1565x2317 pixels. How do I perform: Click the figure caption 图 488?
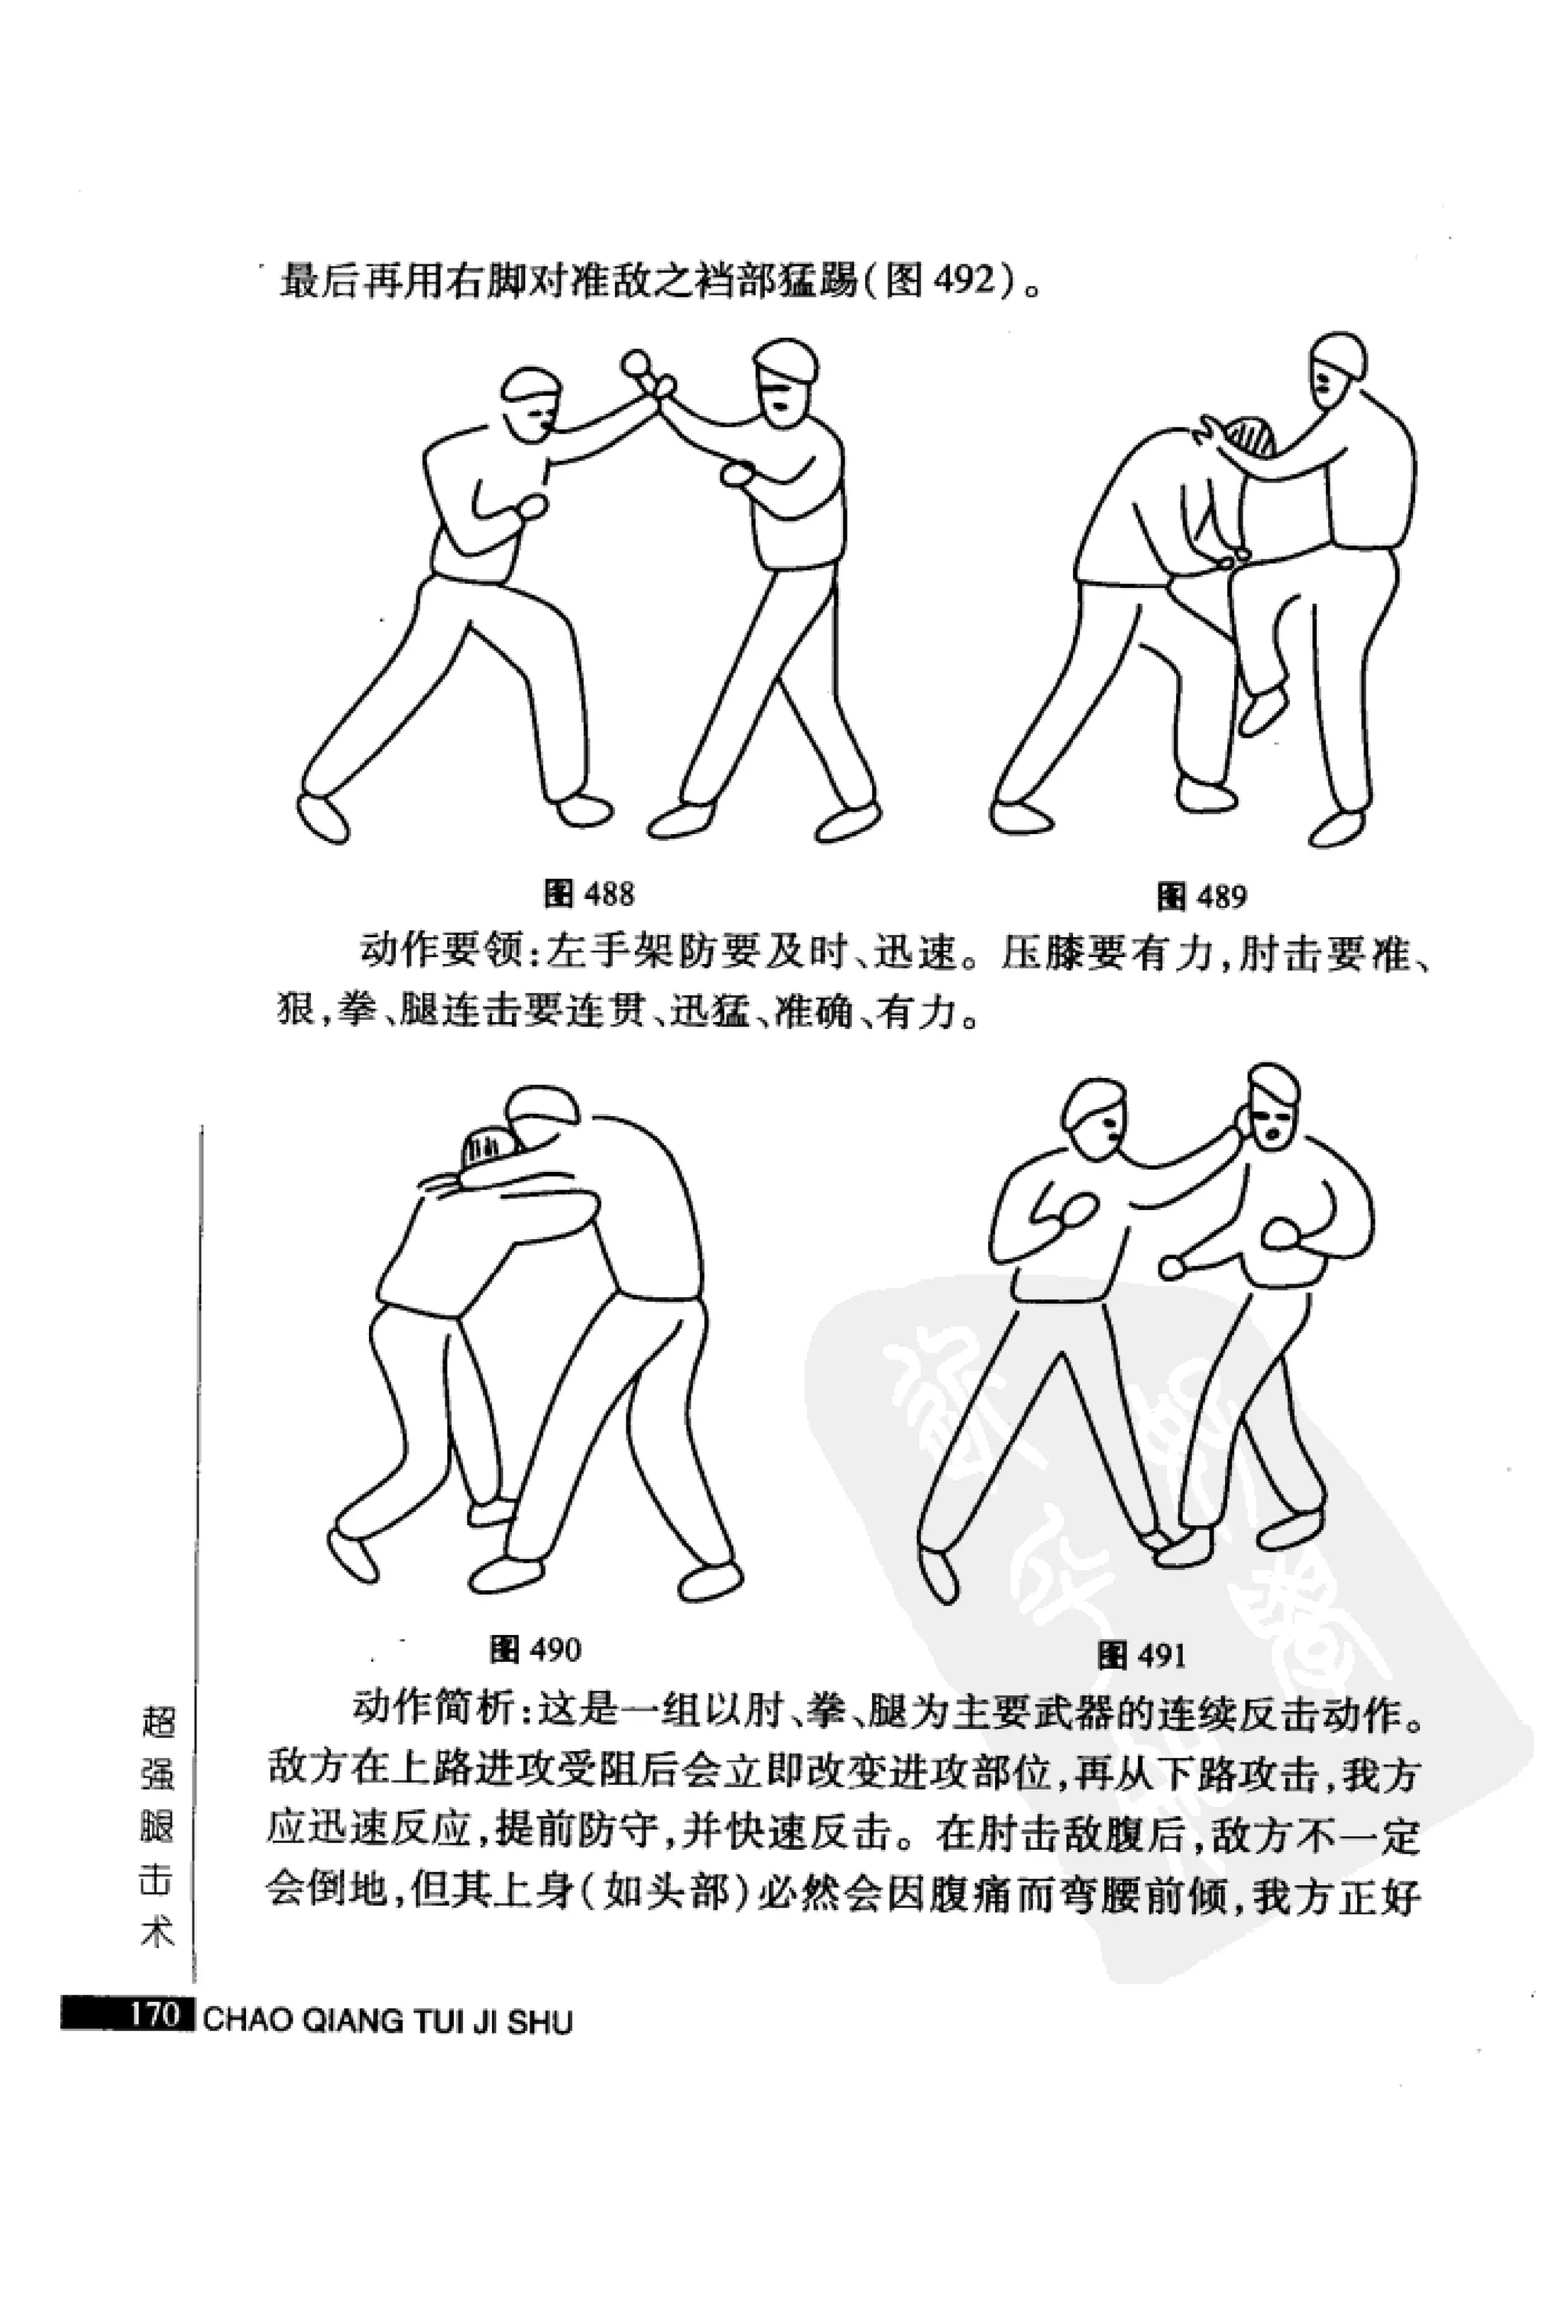coord(589,894)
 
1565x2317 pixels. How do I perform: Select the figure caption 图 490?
coord(534,1649)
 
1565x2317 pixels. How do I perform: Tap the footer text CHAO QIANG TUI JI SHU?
coord(387,1993)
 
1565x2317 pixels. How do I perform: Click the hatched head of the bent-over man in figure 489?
coord(1248,440)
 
